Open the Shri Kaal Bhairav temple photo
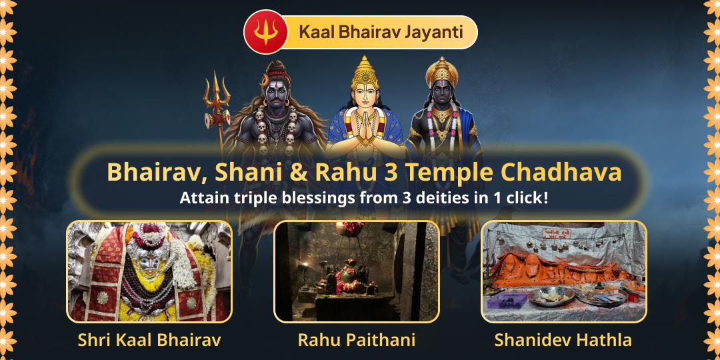click(149, 271)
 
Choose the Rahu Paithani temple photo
click(357, 271)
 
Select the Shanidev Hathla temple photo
click(564, 271)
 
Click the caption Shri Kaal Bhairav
click(149, 340)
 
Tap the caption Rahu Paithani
click(357, 340)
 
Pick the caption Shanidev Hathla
click(563, 340)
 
